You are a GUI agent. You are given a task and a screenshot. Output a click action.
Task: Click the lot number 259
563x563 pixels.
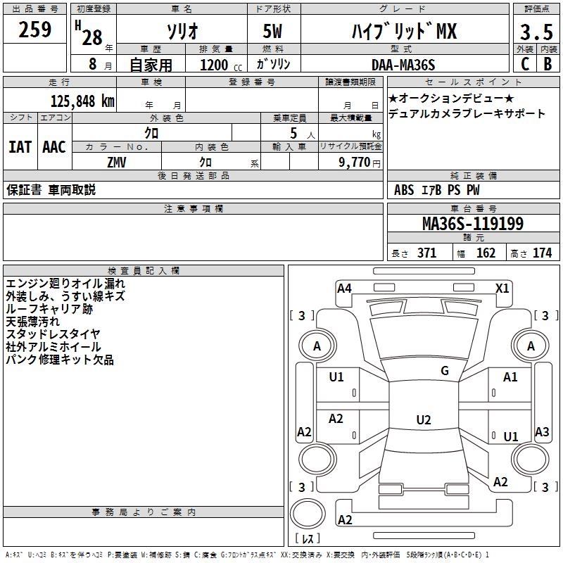(35, 30)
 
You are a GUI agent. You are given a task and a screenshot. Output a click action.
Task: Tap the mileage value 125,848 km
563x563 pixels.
(83, 101)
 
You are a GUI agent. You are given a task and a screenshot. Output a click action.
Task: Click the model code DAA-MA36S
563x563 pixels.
(403, 65)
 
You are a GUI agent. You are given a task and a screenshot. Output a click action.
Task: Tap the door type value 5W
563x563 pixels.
(273, 32)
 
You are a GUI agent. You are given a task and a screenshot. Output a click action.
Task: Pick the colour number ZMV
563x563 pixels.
(116, 162)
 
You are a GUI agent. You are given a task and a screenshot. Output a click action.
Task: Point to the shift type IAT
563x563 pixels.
(20, 147)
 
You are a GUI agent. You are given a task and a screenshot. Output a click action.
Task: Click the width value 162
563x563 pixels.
(486, 253)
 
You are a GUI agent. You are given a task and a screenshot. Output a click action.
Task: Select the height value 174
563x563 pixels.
(542, 253)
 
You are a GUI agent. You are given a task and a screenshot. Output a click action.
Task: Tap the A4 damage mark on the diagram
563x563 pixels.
(344, 288)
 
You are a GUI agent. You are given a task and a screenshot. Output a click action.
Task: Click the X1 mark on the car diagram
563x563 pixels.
(502, 288)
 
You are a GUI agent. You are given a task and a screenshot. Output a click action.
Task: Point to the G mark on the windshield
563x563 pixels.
(445, 371)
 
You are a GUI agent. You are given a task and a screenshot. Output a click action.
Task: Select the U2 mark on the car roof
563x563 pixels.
(423, 420)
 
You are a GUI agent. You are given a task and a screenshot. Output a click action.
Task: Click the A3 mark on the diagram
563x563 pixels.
(542, 432)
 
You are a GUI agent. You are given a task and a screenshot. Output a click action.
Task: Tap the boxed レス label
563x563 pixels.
(308, 540)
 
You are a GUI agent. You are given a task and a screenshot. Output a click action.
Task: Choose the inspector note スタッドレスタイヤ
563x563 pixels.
(53, 334)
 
